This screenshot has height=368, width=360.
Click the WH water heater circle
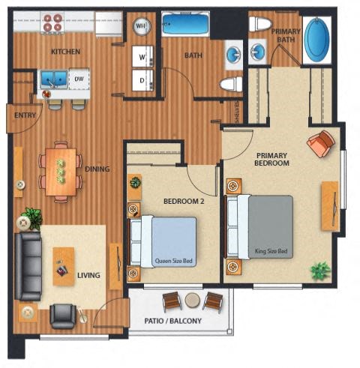142,25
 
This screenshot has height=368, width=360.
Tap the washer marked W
142,56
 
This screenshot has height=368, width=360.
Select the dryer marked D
142,80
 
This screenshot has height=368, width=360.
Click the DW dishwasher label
79,79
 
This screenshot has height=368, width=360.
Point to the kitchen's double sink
54,79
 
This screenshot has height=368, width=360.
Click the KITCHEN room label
65,52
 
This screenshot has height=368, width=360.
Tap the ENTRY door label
25,115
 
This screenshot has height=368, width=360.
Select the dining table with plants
61,172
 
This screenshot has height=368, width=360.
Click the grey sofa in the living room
28,266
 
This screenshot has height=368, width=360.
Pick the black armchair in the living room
63,316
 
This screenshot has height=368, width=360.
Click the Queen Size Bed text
174,261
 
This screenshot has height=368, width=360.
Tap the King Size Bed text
271,251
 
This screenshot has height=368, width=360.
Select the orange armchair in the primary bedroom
321,144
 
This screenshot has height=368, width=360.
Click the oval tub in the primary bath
318,40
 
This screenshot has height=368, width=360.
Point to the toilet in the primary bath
260,24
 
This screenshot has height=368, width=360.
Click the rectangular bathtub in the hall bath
185,24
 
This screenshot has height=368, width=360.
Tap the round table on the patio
193,301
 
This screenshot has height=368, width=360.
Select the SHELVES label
237,112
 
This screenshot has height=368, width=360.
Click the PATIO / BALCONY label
173,321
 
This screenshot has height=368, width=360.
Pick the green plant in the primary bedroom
320,271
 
